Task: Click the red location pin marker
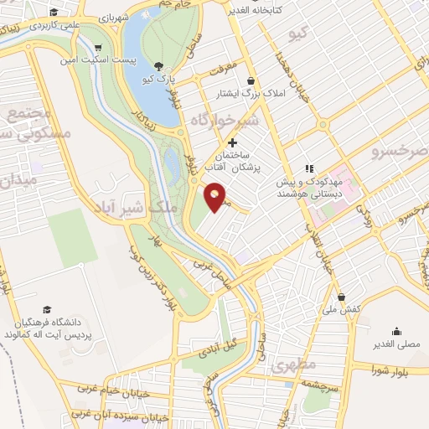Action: point(216,196)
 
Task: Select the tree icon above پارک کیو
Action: point(160,66)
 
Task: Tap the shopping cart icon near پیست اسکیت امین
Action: point(100,49)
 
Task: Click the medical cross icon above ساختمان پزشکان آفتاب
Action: point(232,142)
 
